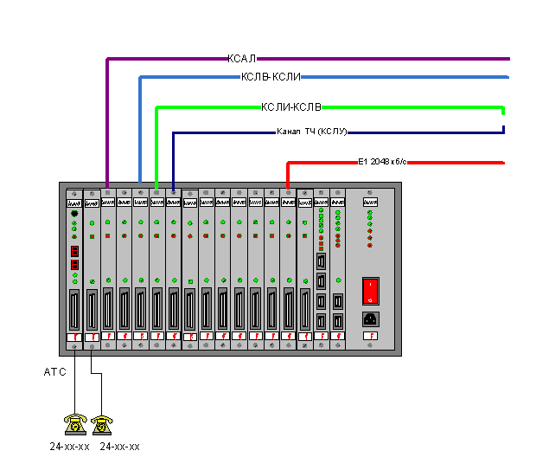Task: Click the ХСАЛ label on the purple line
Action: coord(242,59)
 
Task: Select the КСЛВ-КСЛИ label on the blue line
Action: coord(271,77)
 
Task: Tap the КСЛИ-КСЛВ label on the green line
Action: coord(291,107)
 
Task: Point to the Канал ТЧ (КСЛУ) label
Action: coord(311,132)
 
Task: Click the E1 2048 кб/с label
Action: coord(382,162)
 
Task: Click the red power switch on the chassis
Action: coord(370,290)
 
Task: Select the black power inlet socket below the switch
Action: coord(370,318)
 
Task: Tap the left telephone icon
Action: coord(75,424)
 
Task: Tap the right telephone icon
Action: coord(103,424)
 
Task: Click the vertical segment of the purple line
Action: coord(106,121)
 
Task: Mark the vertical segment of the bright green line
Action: coord(156,147)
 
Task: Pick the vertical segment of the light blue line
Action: coord(140,130)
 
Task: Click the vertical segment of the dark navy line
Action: coord(173,160)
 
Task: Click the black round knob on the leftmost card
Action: coord(74,214)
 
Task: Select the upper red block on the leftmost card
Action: coord(74,250)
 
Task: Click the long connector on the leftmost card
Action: coord(74,309)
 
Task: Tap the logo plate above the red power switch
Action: coord(370,203)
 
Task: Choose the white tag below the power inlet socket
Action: coord(370,336)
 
